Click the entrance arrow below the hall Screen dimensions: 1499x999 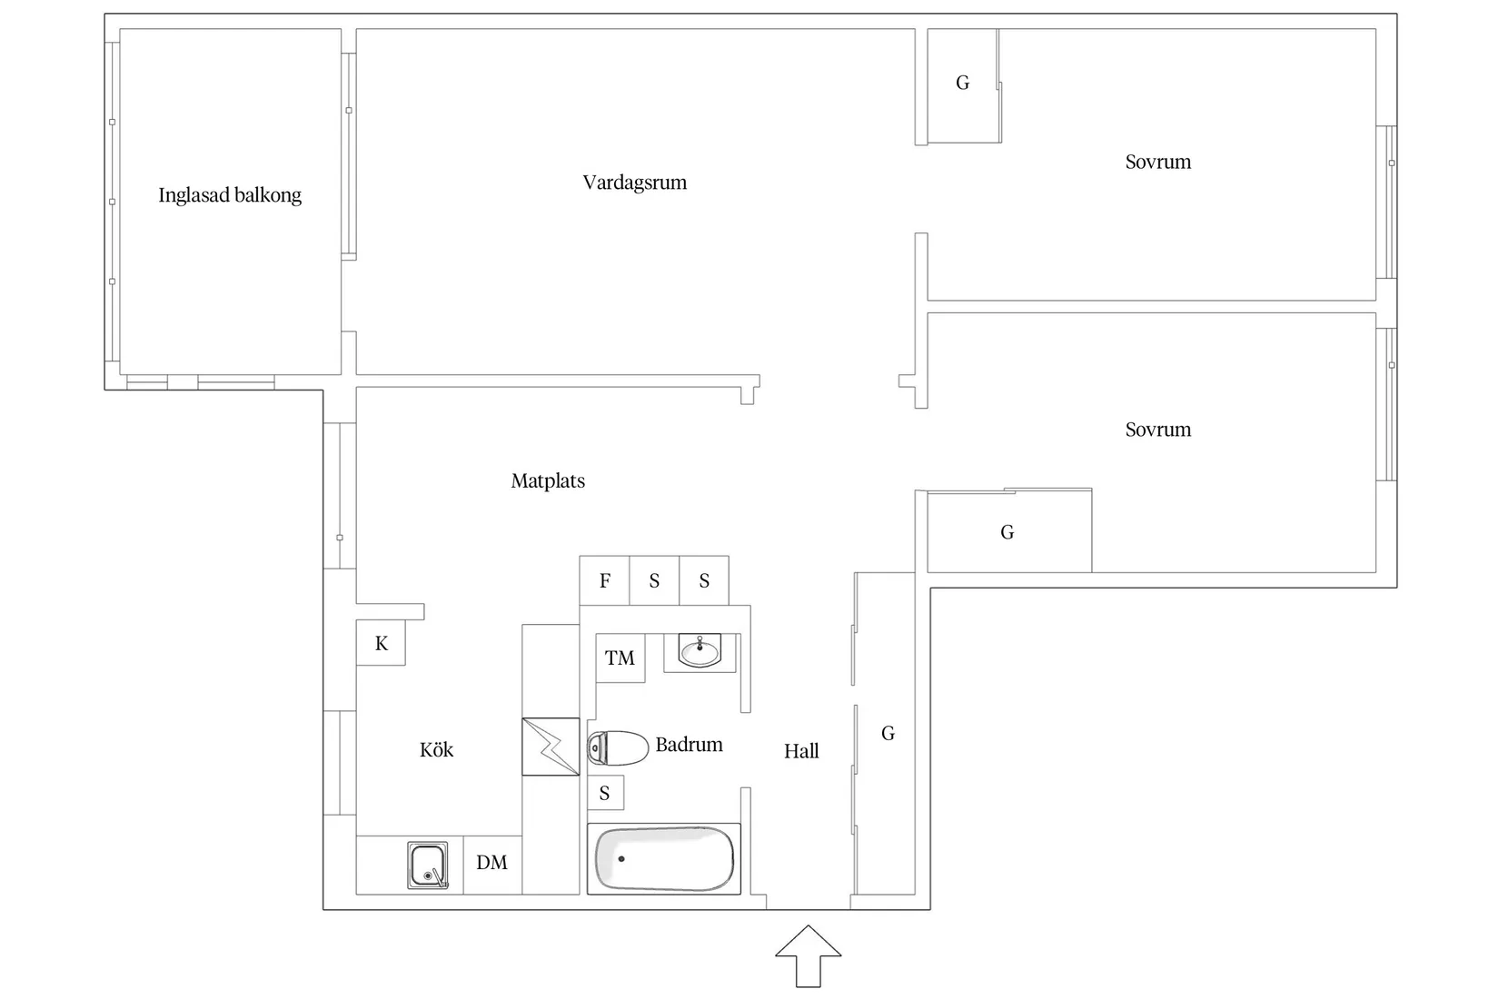click(x=808, y=957)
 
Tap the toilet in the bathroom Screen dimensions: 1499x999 click(x=617, y=747)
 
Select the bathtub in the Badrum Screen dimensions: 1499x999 click(x=664, y=859)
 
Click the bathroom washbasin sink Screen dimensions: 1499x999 click(x=700, y=650)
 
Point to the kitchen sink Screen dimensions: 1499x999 click(x=428, y=865)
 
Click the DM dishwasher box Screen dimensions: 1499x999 click(x=492, y=865)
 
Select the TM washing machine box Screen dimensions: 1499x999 click(x=620, y=658)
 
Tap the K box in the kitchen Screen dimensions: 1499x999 click(x=381, y=642)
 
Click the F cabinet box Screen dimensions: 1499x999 click(x=604, y=580)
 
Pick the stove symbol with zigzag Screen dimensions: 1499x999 click(x=551, y=747)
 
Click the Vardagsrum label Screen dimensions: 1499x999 click(x=634, y=182)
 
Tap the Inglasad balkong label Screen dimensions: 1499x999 click(x=230, y=195)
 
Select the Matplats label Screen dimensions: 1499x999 click(x=548, y=480)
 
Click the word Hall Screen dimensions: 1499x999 click(x=801, y=751)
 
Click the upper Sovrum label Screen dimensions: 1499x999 click(x=1157, y=162)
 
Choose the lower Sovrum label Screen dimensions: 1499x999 click(x=1157, y=430)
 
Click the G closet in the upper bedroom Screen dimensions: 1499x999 click(x=963, y=85)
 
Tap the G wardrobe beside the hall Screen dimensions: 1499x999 click(x=886, y=734)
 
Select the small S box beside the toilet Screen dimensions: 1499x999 click(x=605, y=793)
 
